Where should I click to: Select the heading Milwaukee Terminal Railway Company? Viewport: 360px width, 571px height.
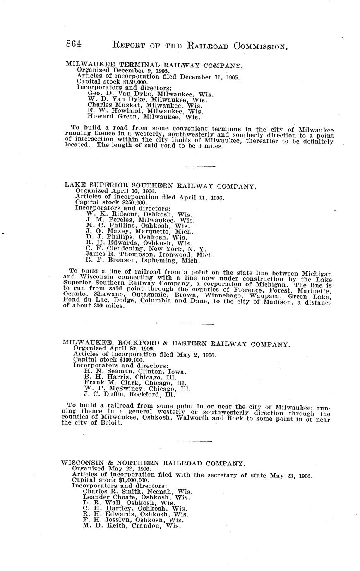(154, 65)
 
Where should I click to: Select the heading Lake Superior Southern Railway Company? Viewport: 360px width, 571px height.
(161, 186)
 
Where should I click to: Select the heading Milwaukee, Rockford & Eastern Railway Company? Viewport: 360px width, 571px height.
(176, 343)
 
